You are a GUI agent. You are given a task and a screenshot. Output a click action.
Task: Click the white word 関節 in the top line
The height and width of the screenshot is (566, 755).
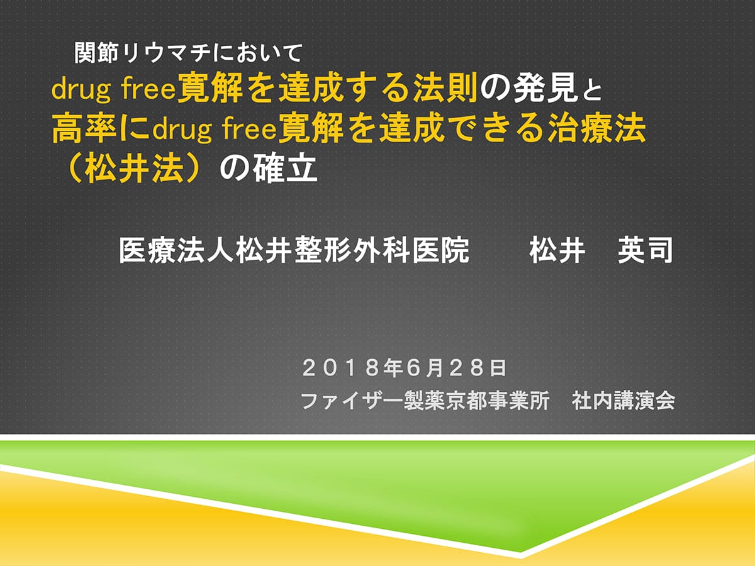pos(92,53)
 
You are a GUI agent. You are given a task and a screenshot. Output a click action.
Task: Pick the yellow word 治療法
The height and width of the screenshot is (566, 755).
pos(597,128)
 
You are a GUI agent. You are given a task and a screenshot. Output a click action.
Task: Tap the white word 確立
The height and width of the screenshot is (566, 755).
pos(285,169)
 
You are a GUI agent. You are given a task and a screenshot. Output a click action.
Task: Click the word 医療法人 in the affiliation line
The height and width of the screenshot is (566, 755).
pos(177,251)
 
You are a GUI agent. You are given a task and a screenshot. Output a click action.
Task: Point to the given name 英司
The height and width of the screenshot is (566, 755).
pos(646,251)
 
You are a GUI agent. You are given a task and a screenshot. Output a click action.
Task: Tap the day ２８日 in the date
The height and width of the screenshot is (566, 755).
pos(479,368)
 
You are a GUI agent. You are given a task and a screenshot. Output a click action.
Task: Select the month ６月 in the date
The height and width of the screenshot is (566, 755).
pos(426,368)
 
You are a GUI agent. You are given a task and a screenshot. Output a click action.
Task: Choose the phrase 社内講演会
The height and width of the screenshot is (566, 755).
pos(624,401)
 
